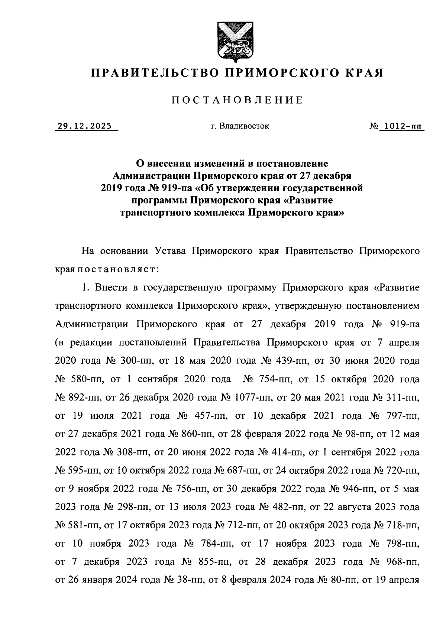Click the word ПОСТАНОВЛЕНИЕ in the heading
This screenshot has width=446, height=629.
pyautogui.click(x=237, y=100)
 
